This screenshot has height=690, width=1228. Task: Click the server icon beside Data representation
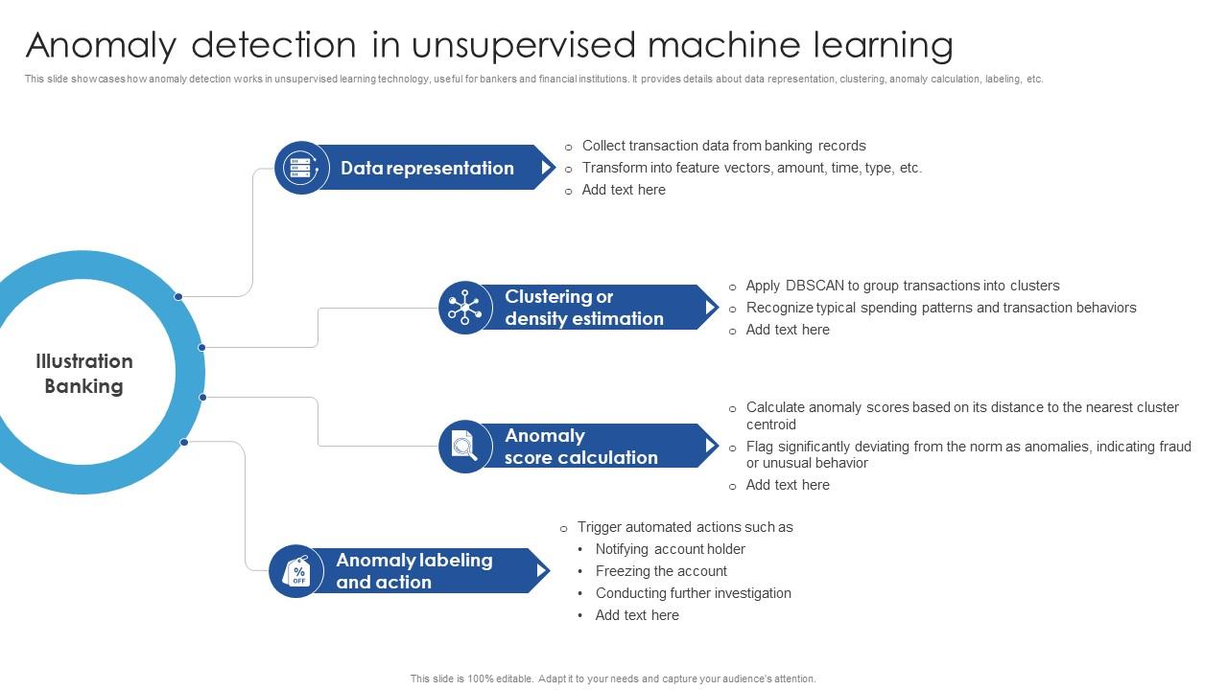(x=301, y=169)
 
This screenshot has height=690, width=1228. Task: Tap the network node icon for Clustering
(x=465, y=308)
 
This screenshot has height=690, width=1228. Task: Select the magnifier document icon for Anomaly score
(x=465, y=447)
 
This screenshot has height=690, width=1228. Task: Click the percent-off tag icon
(x=296, y=572)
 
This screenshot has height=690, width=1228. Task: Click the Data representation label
(x=427, y=169)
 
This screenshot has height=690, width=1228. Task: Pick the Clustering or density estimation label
(x=583, y=308)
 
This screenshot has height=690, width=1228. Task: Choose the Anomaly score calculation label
(x=580, y=447)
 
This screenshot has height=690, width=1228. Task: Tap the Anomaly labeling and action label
(x=413, y=571)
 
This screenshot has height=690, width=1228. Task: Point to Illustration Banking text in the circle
(x=84, y=374)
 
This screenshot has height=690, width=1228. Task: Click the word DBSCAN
(x=815, y=286)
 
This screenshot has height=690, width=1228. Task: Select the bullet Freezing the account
(x=661, y=571)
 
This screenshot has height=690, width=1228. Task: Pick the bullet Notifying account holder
(x=670, y=549)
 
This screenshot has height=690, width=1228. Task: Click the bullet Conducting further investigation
(x=693, y=593)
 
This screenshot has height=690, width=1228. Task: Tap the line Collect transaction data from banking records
(x=723, y=146)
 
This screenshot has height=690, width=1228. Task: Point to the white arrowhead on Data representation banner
(x=546, y=168)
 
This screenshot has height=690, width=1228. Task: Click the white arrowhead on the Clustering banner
(x=710, y=308)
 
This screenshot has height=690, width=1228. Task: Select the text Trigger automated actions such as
(x=685, y=527)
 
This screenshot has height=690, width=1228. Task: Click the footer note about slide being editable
(x=613, y=678)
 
